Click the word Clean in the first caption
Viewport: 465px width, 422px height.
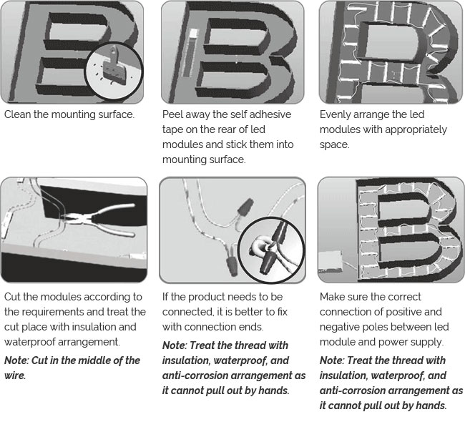tap(17, 114)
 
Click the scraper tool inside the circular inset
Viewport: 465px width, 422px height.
tap(114, 66)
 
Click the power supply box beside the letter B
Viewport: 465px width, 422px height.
tap(331, 261)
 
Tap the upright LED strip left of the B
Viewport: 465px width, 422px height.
tap(190, 53)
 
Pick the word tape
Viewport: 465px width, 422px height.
tap(172, 130)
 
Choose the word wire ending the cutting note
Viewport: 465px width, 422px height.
tap(15, 376)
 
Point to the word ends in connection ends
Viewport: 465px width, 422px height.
tap(252, 327)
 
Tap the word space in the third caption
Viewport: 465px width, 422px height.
tap(335, 145)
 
